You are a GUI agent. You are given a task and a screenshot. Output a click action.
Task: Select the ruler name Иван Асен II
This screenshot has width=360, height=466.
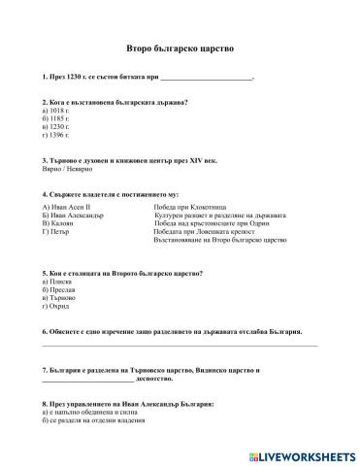pyautogui.click(x=68, y=207)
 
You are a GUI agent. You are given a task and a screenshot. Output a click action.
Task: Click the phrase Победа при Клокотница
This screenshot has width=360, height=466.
pyautogui.click(x=190, y=207)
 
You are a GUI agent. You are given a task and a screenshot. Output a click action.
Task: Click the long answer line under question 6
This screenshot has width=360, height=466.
pyautogui.click(x=180, y=345)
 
